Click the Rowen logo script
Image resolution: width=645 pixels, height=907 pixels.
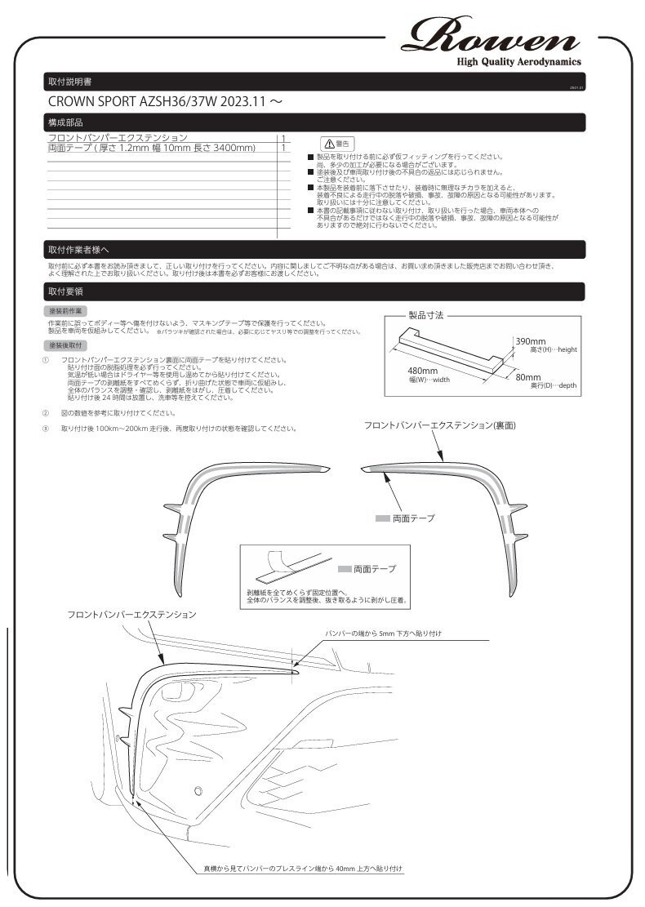495,36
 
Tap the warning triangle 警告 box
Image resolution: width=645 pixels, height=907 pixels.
337,143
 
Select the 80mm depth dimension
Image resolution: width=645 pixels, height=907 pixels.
527,377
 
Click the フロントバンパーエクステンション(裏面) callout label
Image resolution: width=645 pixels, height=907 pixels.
439,425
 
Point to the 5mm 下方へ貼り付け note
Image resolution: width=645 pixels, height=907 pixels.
383,634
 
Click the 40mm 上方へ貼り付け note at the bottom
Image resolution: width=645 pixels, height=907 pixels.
303,869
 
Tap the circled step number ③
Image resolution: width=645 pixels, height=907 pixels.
46,428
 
